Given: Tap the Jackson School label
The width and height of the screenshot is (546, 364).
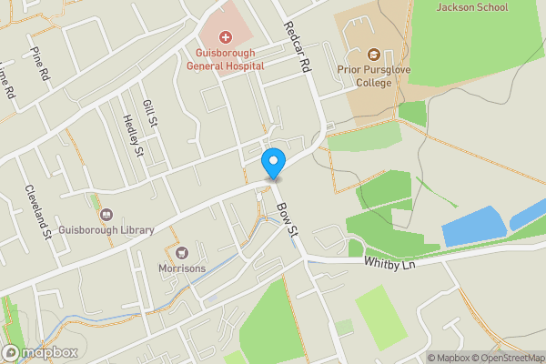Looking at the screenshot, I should point(472,7).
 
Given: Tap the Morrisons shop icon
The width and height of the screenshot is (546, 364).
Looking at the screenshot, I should point(182,251).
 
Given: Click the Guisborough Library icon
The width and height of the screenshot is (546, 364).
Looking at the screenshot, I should point(106,216).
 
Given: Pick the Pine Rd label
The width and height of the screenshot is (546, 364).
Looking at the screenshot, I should point(39,65).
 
